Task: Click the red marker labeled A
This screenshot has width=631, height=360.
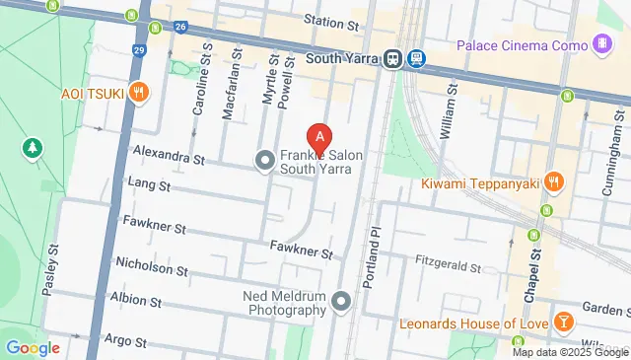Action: (318, 138)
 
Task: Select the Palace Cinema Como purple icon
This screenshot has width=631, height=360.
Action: (601, 43)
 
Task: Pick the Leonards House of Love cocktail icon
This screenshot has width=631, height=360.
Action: (563, 323)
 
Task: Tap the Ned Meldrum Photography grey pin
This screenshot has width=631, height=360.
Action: (342, 300)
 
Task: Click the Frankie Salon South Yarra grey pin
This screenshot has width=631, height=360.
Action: (264, 159)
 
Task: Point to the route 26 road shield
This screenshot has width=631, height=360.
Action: (181, 27)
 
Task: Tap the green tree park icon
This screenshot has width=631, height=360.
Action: (32, 148)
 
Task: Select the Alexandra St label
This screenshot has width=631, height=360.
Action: (168, 158)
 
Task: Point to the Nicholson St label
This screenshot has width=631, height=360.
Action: (151, 267)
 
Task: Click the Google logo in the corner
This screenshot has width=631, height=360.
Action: (33, 347)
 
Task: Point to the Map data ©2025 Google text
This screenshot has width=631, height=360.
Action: (570, 352)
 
